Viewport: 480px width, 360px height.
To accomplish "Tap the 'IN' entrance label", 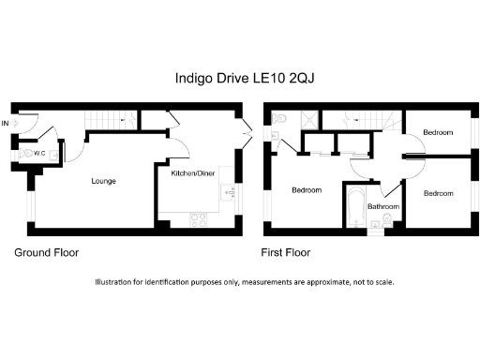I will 6,123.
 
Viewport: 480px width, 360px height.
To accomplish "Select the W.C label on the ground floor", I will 40,153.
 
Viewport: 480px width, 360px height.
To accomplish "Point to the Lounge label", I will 103,180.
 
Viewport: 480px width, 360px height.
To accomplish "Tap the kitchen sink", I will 224,194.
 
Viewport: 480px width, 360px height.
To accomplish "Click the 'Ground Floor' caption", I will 46,253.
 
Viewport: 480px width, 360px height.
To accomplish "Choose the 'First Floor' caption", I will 285,253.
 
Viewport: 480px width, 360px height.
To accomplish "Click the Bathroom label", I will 383,207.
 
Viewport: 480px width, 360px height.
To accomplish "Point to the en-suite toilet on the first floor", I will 281,118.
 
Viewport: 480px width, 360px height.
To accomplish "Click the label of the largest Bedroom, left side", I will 306,190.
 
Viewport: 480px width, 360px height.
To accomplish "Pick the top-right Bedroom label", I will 438,133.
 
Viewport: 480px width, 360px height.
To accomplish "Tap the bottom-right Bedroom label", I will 438,193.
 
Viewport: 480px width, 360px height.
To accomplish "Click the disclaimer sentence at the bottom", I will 245,282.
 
